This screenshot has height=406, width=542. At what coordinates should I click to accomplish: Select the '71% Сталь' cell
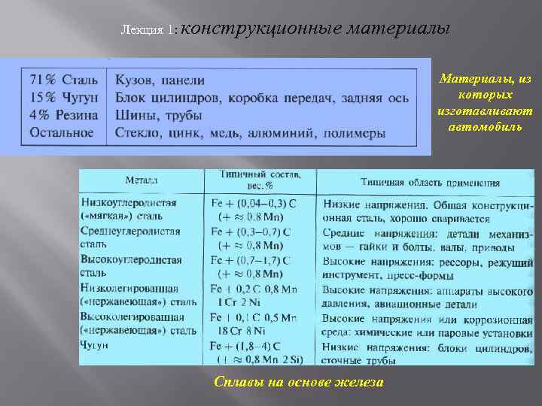(x=63, y=80)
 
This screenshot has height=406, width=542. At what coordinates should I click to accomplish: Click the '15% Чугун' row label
(x=63, y=98)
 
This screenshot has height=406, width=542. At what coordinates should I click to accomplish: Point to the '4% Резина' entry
(x=63, y=115)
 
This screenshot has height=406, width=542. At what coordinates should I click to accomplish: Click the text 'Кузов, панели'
(x=160, y=80)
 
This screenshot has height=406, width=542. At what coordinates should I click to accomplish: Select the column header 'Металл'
(x=142, y=180)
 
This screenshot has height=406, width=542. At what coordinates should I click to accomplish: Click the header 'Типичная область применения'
(x=430, y=181)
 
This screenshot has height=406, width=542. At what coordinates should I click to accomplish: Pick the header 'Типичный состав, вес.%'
(x=260, y=179)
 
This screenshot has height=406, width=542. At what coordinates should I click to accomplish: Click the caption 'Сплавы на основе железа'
(x=299, y=383)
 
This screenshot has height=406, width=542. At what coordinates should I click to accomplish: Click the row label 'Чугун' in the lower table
(x=94, y=344)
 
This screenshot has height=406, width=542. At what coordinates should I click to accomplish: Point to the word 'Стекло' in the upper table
(x=135, y=132)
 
